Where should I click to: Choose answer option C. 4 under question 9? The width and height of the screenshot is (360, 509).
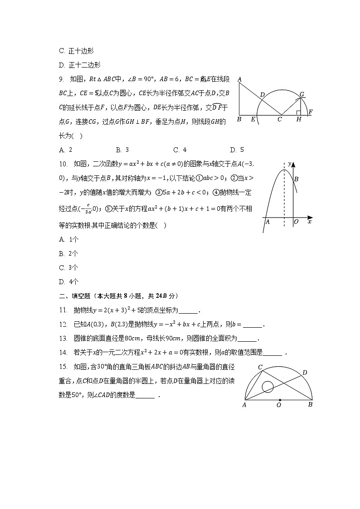click(x=180, y=150)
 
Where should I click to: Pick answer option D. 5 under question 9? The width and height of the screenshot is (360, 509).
click(x=237, y=150)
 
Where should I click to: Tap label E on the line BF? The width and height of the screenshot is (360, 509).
click(x=253, y=120)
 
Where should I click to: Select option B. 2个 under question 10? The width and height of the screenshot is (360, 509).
click(x=68, y=253)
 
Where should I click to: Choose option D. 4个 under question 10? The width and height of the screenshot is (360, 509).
click(x=68, y=281)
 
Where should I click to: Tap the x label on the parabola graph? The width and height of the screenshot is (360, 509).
click(x=310, y=222)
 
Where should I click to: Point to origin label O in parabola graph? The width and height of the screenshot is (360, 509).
click(x=296, y=222)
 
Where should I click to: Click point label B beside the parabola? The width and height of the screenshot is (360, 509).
click(x=296, y=179)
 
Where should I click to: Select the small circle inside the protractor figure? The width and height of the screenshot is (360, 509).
click(x=268, y=386)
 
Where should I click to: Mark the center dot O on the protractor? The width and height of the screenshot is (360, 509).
click(x=279, y=400)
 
